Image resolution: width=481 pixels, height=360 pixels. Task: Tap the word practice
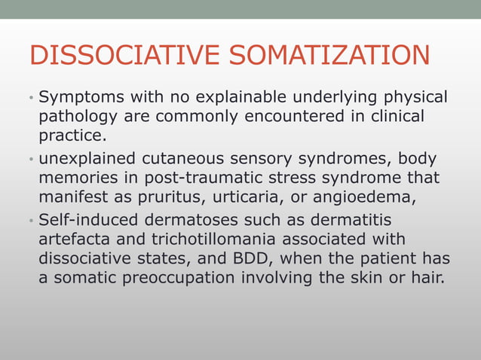coord(72,136)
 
